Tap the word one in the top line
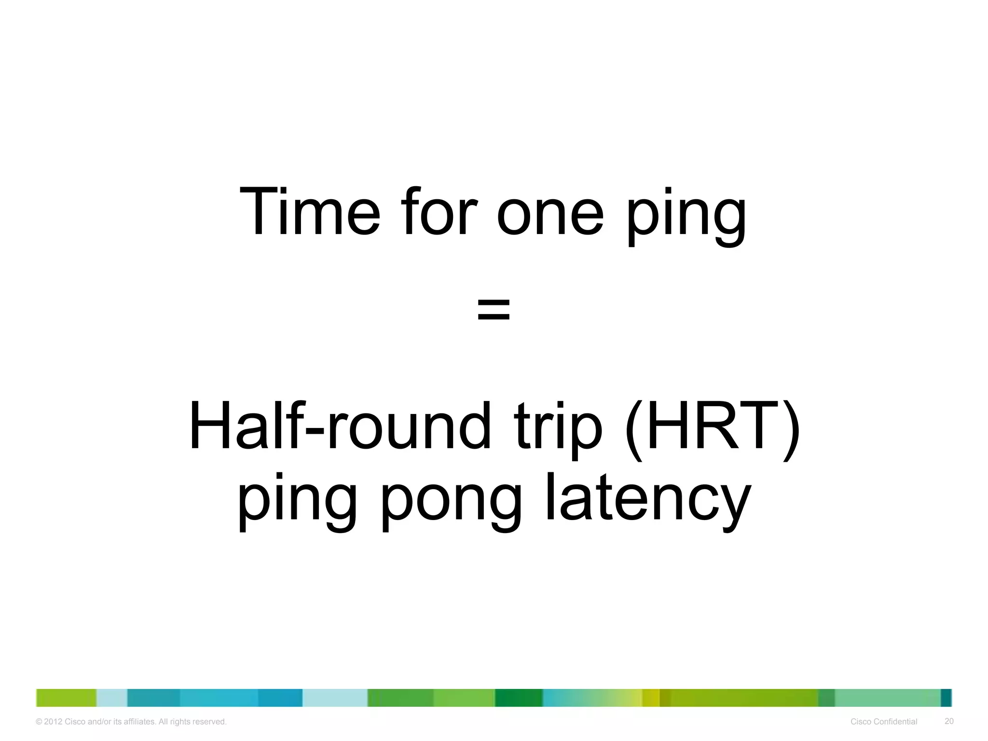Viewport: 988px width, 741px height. (x=550, y=215)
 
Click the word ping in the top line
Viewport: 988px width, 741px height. (x=686, y=217)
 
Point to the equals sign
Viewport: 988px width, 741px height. (x=494, y=309)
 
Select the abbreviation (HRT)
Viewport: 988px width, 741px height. (x=712, y=427)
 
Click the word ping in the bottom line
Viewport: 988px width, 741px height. (x=297, y=502)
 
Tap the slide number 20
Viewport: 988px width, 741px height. (x=949, y=721)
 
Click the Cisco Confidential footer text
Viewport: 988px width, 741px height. (x=884, y=722)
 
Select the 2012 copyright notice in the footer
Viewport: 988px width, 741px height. (x=131, y=722)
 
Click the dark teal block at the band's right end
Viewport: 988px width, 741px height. (x=946, y=698)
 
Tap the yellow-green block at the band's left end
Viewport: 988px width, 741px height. (x=66, y=698)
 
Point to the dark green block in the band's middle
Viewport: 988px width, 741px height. (x=519, y=698)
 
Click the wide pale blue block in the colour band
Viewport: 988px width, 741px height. (x=335, y=698)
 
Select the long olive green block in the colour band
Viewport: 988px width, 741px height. (x=743, y=698)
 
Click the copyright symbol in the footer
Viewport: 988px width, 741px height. (x=39, y=722)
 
